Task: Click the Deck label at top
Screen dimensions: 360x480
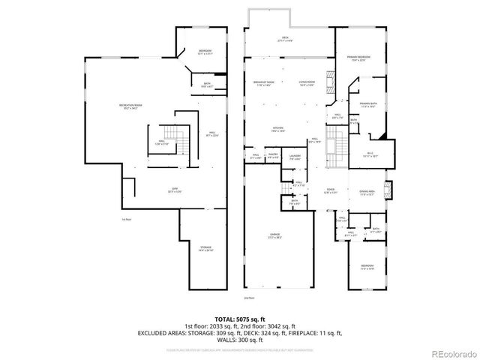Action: pyautogui.click(x=285, y=38)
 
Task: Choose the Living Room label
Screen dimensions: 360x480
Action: pyautogui.click(x=306, y=83)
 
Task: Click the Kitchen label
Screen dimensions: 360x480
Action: pyautogui.click(x=277, y=129)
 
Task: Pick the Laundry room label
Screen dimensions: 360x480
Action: pyautogui.click(x=295, y=157)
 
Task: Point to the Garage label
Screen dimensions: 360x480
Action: pyautogui.click(x=275, y=236)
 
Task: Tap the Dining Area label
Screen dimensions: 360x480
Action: pyautogui.click(x=367, y=192)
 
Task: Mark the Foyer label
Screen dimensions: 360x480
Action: pyautogui.click(x=331, y=191)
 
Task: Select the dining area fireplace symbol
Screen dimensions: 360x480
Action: pyautogui.click(x=387, y=190)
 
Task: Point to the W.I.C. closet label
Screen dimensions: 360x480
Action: pyautogui.click(x=370, y=154)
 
